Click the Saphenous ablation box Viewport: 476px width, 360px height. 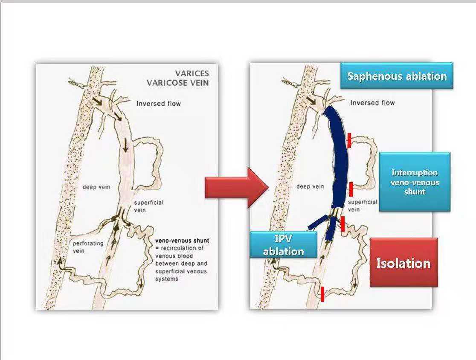[396, 76]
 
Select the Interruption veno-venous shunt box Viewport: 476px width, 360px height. [415, 182]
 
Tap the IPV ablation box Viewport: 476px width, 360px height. [283, 245]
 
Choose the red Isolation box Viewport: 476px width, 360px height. [403, 263]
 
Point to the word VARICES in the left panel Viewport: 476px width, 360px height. [192, 73]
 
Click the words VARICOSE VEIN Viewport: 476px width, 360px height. [178, 83]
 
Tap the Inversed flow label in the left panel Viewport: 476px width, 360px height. [158, 103]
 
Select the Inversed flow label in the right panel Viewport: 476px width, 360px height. [372, 103]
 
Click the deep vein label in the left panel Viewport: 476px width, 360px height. [96, 187]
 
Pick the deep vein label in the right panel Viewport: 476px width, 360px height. [310, 186]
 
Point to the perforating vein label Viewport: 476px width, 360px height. [88, 247]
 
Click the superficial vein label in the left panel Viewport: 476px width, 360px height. [148, 206]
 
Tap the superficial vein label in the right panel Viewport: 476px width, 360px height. [363, 206]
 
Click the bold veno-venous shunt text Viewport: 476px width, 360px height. [182, 241]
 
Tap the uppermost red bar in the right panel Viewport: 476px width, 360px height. [349, 140]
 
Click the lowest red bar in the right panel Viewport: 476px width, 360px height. [322, 294]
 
